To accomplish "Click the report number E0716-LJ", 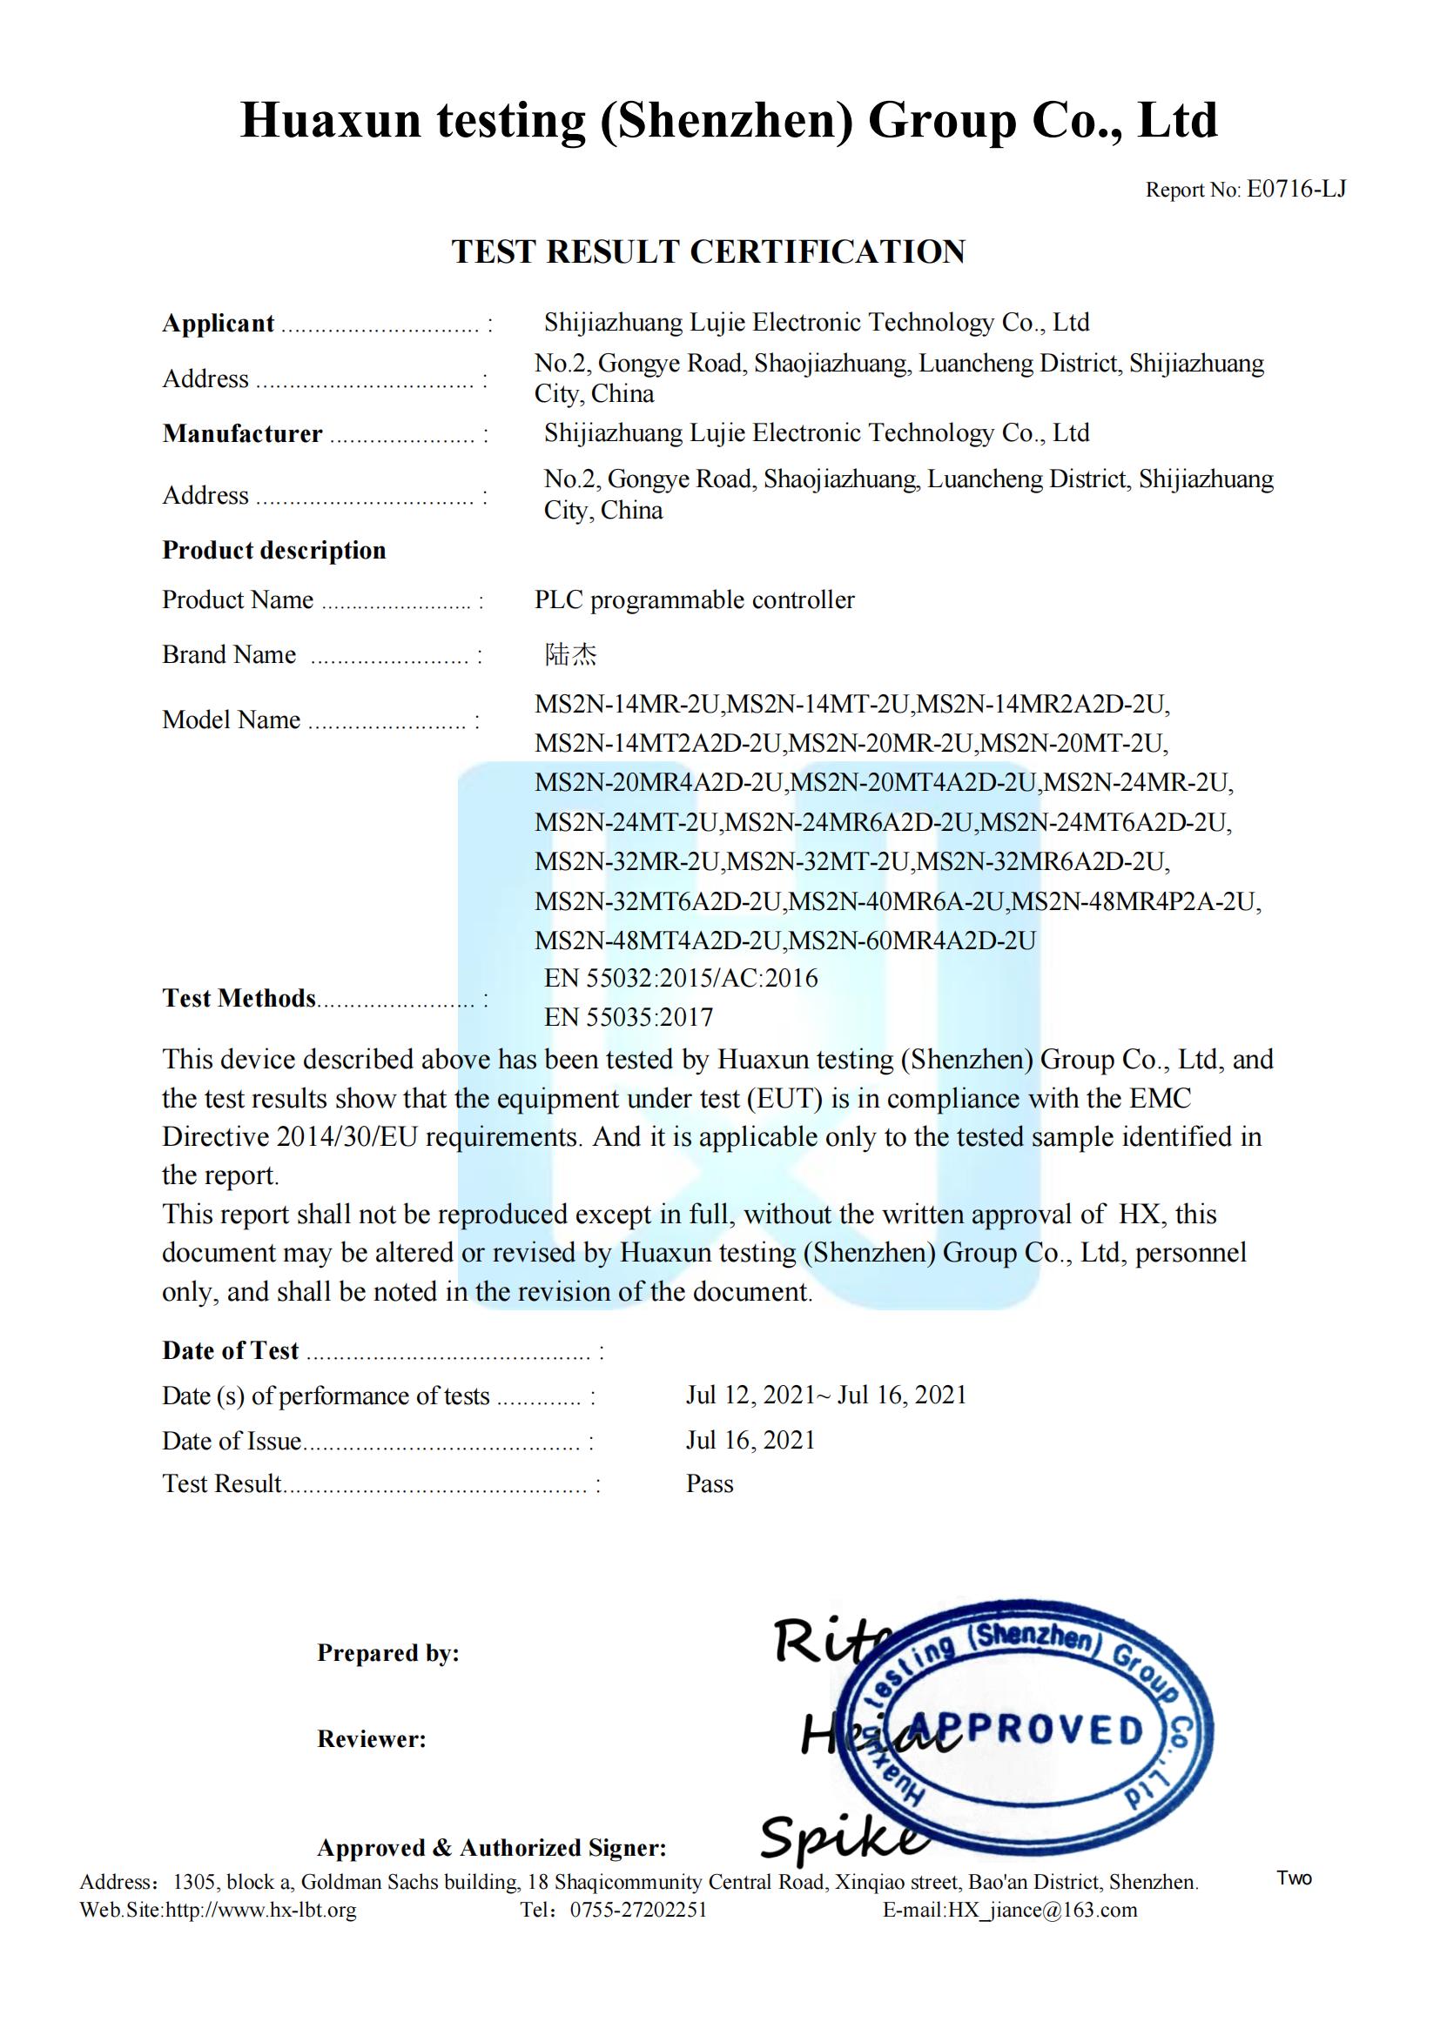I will [x=1295, y=189].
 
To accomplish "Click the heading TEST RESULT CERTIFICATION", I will [x=709, y=251].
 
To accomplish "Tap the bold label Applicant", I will [x=219, y=324].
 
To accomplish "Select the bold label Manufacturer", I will [x=242, y=433].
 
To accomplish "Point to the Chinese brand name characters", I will [x=570, y=654].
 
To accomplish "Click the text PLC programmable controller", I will [x=694, y=600].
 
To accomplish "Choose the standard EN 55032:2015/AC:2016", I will [x=681, y=978].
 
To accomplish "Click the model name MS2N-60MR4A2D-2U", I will [x=912, y=941].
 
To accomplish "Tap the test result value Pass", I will [x=710, y=1483].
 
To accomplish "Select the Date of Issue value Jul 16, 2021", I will [x=750, y=1439].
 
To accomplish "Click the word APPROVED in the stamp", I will [x=1026, y=1730].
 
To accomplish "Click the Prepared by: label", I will [x=388, y=1653].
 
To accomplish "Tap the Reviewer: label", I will [x=372, y=1739].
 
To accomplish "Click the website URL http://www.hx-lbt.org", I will [x=260, y=1909].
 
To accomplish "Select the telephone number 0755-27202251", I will [x=638, y=1909].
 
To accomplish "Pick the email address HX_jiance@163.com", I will [x=1042, y=1909].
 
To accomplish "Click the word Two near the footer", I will [x=1294, y=1878].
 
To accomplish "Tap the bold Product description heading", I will [x=274, y=551].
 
